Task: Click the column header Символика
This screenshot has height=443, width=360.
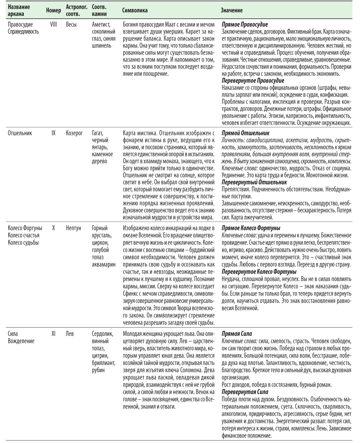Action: pos(135,10)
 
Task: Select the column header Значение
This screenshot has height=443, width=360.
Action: pos(232,10)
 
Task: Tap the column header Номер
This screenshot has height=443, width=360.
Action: pos(53,10)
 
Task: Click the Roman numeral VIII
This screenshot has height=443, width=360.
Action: pos(53,24)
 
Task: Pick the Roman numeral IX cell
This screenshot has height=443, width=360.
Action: pos(53,133)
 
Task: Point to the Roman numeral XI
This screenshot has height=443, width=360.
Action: pos(53,334)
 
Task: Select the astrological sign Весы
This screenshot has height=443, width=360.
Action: pos(71,24)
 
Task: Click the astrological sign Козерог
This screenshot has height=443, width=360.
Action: pos(74,133)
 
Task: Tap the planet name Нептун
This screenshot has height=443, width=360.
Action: pos(74,228)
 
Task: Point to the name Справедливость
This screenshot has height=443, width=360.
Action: pos(23,31)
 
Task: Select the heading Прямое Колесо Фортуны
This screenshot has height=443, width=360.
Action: pos(251,228)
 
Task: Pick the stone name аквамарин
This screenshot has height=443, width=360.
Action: pos(104,264)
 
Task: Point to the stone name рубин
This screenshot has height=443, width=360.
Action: pos(98,370)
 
